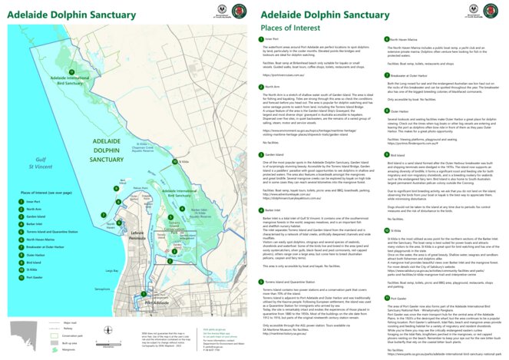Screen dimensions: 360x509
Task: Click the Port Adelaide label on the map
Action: coord(160,303)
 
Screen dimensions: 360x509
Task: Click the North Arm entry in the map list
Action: coord(33,210)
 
